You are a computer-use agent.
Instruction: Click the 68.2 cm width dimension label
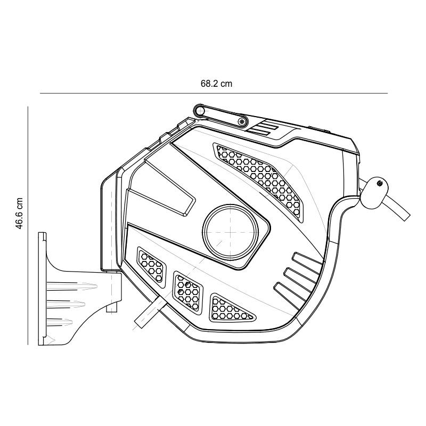tap(216, 84)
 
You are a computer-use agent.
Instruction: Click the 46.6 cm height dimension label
tap(20, 214)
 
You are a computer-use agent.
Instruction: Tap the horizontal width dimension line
tap(214, 93)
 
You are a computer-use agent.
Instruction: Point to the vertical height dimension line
tap(28, 226)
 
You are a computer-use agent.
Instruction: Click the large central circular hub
tap(231, 232)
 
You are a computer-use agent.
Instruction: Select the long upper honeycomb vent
tap(260, 179)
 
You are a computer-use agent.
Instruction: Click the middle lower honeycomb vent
tap(188, 292)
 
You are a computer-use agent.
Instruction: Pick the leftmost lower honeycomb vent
tap(151, 267)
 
